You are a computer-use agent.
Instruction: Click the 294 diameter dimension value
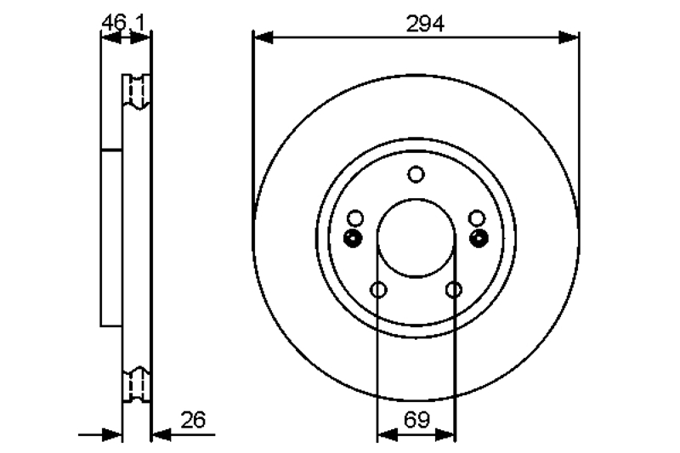(x=425, y=24)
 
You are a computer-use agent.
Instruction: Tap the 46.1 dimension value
(x=122, y=23)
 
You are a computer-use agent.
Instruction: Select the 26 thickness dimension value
(x=194, y=420)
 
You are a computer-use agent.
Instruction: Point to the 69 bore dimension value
(x=416, y=419)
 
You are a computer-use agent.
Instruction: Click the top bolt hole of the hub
(x=416, y=174)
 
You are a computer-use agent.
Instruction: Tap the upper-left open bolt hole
(x=355, y=218)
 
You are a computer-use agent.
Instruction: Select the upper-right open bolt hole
(x=477, y=218)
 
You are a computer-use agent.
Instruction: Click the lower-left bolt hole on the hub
(x=378, y=289)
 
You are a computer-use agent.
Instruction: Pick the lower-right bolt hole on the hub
(x=454, y=289)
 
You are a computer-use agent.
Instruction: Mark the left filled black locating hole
(x=353, y=238)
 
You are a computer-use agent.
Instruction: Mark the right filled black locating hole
(x=479, y=238)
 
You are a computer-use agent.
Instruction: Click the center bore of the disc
(x=416, y=238)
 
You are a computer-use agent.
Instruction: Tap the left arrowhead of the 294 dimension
(x=263, y=37)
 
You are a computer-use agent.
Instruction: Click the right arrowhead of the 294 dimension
(x=569, y=37)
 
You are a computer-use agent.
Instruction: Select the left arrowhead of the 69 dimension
(x=388, y=434)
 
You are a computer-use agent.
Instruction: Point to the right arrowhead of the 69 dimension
(x=445, y=434)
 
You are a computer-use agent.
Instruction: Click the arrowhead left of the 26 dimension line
(x=111, y=434)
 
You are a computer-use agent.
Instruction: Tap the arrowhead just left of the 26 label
(x=161, y=434)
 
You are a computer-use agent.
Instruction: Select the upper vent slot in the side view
(x=137, y=92)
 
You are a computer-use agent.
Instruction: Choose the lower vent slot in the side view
(x=137, y=385)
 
